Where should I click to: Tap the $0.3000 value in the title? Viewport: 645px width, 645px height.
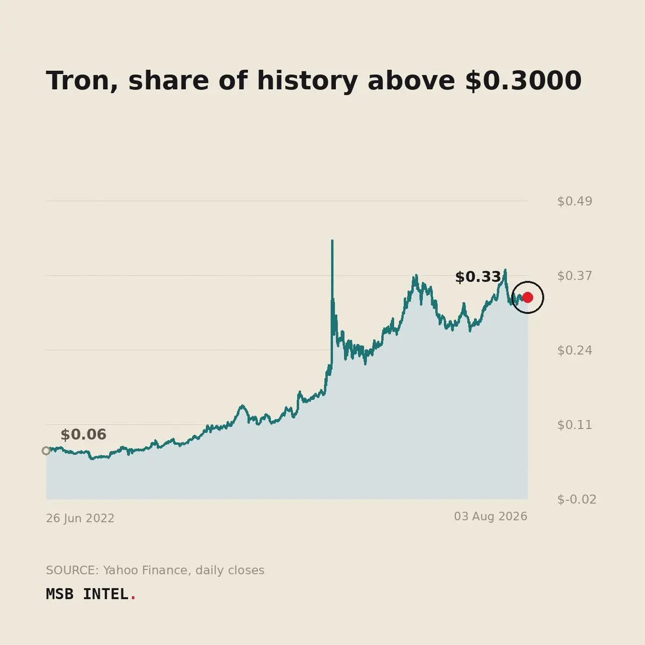click(x=524, y=81)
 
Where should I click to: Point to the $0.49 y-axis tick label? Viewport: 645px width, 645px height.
click(x=575, y=201)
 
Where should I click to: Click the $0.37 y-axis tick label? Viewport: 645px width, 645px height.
click(x=575, y=276)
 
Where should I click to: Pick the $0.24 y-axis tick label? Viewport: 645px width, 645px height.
click(x=575, y=350)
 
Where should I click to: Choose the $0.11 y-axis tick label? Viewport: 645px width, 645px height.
click(x=575, y=425)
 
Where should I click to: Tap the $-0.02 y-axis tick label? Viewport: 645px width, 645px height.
click(x=577, y=499)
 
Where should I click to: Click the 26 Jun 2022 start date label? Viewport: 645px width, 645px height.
click(x=80, y=518)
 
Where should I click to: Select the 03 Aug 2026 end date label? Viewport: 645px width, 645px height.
click(x=491, y=517)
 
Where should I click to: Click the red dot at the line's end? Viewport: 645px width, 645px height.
click(x=527, y=297)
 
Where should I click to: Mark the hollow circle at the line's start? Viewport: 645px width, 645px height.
click(x=46, y=451)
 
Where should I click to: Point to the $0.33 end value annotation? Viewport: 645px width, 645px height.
click(x=478, y=277)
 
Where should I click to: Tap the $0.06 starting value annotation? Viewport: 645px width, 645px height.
click(x=83, y=434)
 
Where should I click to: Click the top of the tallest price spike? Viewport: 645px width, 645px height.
click(x=332, y=240)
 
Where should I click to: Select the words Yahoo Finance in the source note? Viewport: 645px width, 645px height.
click(x=147, y=570)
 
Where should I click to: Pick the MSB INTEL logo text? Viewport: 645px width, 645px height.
click(x=87, y=594)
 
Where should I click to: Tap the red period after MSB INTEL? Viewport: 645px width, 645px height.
click(x=133, y=599)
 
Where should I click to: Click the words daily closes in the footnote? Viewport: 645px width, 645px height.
click(x=230, y=570)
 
